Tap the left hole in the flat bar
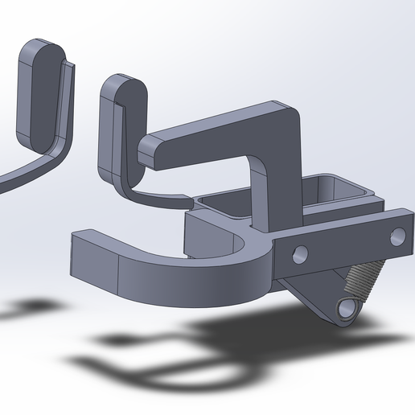pyautogui.click(x=301, y=255)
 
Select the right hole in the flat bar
pyautogui.click(x=397, y=236)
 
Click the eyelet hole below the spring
pyautogui.click(x=347, y=310)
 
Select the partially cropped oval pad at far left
pyautogui.click(x=40, y=92)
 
